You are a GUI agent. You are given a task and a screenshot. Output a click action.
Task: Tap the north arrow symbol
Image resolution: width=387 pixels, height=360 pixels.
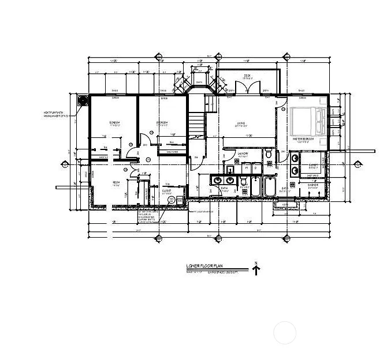point(256,269)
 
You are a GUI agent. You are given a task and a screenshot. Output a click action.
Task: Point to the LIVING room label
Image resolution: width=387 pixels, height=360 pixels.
point(241,122)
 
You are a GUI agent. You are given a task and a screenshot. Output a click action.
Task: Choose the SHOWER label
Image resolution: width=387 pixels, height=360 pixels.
point(312,185)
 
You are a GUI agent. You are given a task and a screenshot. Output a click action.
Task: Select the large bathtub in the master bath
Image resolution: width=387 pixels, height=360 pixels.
point(270,187)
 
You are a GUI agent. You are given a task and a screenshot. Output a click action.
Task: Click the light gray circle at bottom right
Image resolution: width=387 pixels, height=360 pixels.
point(284,333)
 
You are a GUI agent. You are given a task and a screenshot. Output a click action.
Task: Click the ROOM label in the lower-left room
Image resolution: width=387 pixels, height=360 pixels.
point(116,183)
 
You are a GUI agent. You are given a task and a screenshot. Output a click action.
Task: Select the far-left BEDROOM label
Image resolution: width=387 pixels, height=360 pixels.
point(115,123)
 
